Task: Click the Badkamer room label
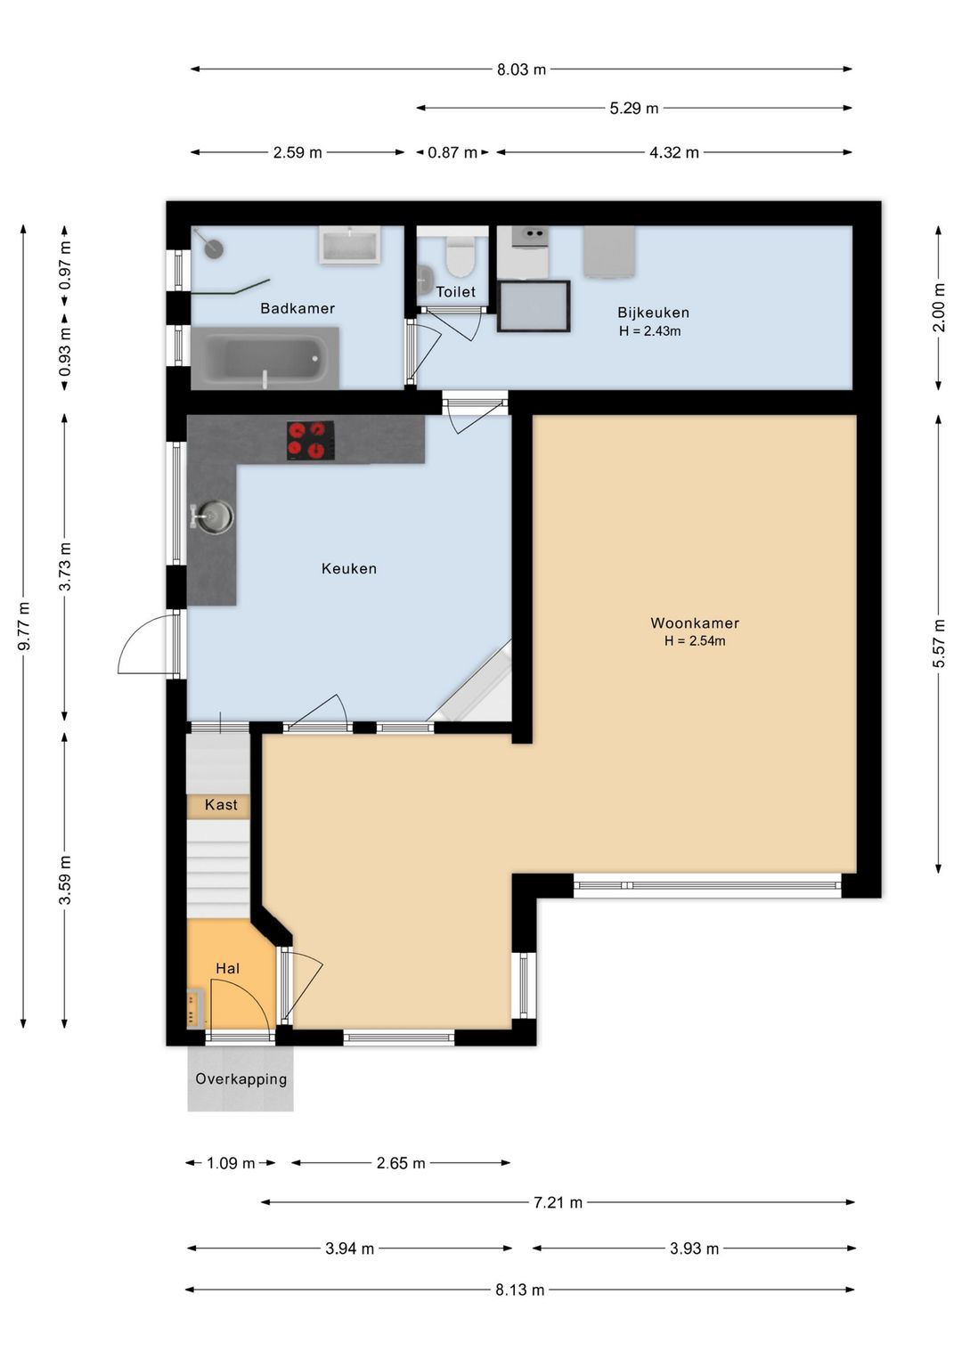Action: [x=298, y=308]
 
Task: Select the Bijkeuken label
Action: [x=653, y=313]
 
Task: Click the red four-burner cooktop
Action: [x=310, y=441]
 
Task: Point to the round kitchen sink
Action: [x=212, y=517]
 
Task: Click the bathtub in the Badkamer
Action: [x=265, y=359]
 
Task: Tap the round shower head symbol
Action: [x=214, y=246]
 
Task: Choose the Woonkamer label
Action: [x=695, y=623]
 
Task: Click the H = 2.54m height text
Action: [x=695, y=640]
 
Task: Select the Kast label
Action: [x=221, y=804]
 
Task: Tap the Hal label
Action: [x=228, y=968]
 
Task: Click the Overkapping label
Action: [x=241, y=1078]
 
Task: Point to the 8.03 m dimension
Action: [x=521, y=69]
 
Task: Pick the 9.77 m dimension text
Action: [x=24, y=625]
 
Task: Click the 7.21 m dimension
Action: [x=558, y=1202]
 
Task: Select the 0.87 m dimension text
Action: [x=452, y=152]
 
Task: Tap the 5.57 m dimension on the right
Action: [x=938, y=643]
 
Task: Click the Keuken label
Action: [x=349, y=568]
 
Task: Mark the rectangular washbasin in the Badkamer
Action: [x=351, y=245]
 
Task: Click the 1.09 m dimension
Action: [x=231, y=1163]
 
